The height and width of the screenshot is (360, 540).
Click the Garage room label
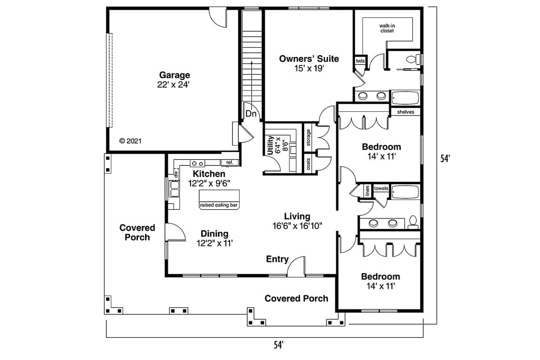(x=174, y=76)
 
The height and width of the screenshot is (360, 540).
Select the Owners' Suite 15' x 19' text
(x=309, y=63)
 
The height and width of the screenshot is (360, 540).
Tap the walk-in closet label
(x=386, y=28)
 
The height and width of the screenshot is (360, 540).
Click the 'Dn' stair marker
(x=251, y=114)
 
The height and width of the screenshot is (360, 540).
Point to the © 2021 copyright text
(x=130, y=141)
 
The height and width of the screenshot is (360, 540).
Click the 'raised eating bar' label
(x=219, y=205)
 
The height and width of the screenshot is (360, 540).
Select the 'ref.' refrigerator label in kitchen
(x=229, y=162)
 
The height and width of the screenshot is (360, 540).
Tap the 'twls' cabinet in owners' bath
(x=360, y=61)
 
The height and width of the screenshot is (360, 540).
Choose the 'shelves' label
(x=405, y=112)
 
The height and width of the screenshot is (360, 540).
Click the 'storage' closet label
(x=309, y=137)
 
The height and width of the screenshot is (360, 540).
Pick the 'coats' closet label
(x=309, y=164)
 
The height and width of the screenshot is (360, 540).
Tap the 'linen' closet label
(x=367, y=191)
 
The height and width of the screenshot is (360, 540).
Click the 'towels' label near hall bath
(x=381, y=188)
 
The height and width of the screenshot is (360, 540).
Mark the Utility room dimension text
(x=281, y=146)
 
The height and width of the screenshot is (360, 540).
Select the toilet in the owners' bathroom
(x=415, y=59)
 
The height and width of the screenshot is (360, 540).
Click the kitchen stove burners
(x=197, y=163)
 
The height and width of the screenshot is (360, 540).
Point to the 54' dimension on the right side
(x=445, y=159)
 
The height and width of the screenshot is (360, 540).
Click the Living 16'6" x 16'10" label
(x=297, y=221)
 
